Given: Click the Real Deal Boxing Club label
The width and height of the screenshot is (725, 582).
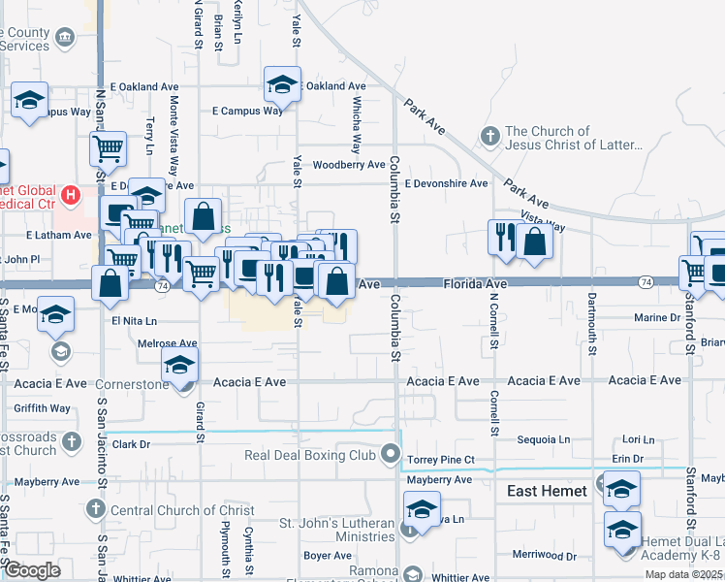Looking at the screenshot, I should [x=309, y=454].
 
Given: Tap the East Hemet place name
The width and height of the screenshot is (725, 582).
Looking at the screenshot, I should [x=548, y=491].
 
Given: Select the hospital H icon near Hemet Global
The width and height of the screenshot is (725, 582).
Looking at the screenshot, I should [x=70, y=195].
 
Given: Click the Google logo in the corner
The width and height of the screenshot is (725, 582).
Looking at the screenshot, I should [x=32, y=570].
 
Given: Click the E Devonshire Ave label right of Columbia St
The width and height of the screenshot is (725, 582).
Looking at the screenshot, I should [x=446, y=183].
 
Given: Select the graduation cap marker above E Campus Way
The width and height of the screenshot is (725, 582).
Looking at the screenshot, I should [x=282, y=84].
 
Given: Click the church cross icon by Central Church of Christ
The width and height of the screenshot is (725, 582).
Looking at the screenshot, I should [x=95, y=508].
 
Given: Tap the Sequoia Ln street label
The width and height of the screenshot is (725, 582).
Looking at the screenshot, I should [x=544, y=439].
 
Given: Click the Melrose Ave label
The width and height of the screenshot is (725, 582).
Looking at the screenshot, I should [x=167, y=343].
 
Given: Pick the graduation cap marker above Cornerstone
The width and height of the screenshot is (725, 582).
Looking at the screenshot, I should [x=179, y=366].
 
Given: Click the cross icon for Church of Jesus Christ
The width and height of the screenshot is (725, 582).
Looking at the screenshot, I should [x=490, y=135].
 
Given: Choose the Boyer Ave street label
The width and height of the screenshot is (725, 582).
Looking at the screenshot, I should [x=327, y=556].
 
